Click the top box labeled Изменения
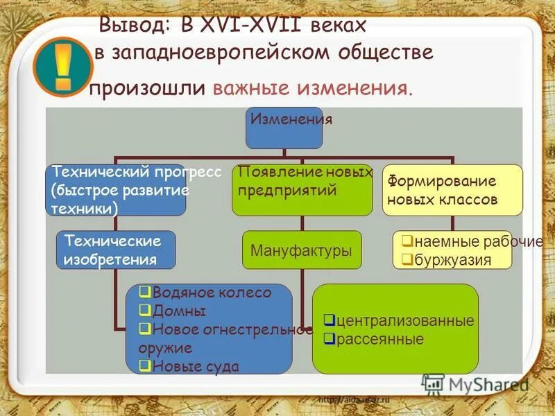coord(284,128)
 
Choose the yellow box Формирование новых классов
coord(452,190)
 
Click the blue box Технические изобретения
coord(115,250)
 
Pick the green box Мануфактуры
coord(301,250)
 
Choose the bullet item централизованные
coord(400,320)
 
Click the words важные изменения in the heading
coord(312,89)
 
